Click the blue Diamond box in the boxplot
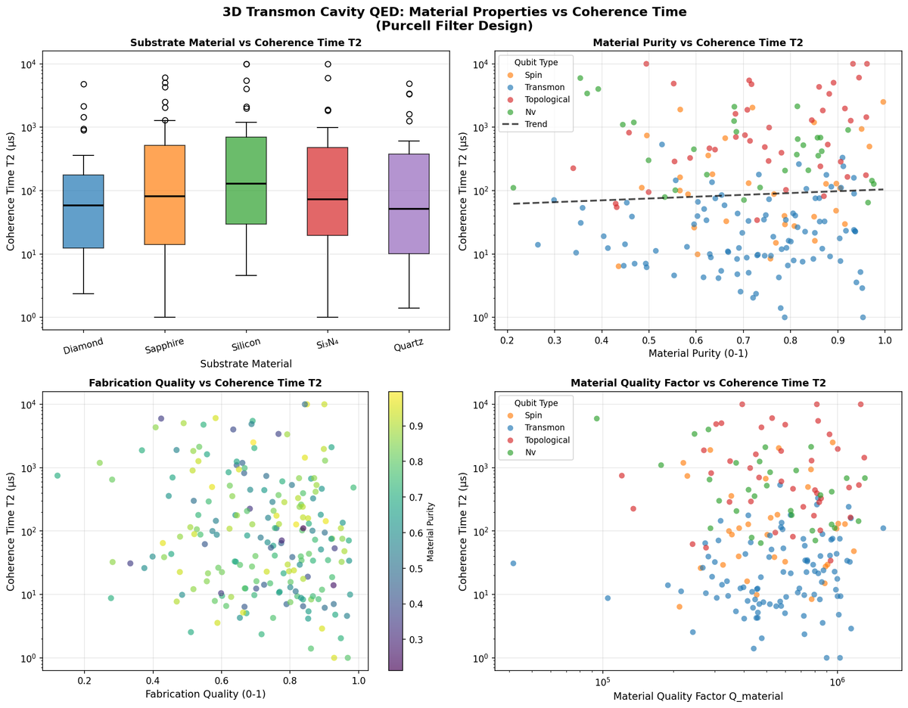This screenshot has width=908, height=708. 82,211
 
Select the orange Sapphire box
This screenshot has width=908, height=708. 164,194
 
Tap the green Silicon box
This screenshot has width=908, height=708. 246,180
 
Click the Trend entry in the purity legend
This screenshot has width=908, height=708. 535,124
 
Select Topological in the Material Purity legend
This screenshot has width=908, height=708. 546,99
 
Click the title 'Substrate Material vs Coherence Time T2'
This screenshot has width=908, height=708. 246,43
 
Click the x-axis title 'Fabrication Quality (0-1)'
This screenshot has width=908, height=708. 205,694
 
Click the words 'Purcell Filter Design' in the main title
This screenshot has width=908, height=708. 454,25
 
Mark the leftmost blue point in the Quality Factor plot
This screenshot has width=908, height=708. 513,564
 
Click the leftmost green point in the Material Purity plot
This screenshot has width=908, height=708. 513,188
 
